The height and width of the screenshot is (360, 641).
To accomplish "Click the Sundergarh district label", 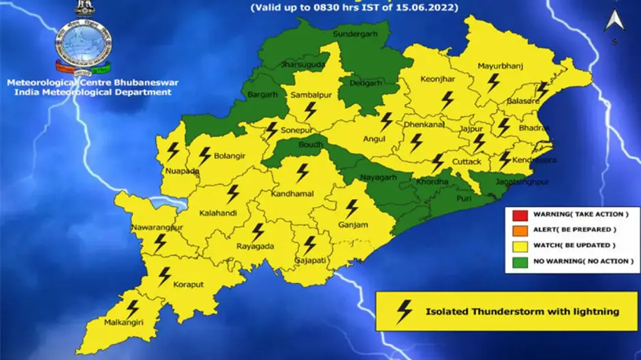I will [x=355, y=34].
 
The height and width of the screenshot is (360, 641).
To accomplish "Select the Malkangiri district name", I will [x=124, y=323].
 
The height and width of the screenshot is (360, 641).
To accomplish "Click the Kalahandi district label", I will [x=218, y=213].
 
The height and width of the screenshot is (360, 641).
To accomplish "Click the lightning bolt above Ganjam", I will [x=352, y=208].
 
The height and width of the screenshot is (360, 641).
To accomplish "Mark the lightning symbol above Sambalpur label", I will [x=310, y=111].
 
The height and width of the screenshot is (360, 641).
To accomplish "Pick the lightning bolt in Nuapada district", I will [x=173, y=151].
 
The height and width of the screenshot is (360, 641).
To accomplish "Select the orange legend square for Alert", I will [x=520, y=230].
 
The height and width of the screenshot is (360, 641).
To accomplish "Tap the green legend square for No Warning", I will [x=520, y=261].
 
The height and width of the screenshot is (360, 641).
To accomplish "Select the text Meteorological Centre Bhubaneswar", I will [x=93, y=83].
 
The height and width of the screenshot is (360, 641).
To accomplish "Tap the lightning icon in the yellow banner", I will [x=404, y=311].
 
